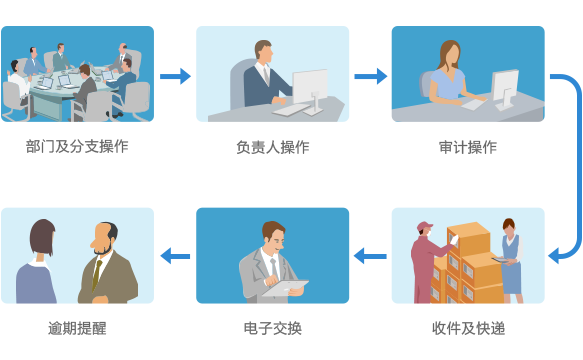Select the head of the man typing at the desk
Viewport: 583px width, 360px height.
pos(263,52)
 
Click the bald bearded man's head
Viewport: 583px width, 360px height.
pos(105,236)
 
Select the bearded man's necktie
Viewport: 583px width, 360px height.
pos(97,271)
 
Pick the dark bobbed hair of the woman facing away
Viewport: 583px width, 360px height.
pos(43,237)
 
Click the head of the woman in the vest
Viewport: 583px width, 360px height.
pos(509,227)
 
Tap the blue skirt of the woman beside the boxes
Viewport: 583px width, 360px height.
pos(511,278)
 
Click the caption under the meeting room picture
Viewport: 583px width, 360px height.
pos(77,147)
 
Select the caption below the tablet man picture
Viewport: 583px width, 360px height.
pos(272,328)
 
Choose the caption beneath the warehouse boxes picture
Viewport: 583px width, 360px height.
pos(467,328)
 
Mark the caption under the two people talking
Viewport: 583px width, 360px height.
pos(77,328)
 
